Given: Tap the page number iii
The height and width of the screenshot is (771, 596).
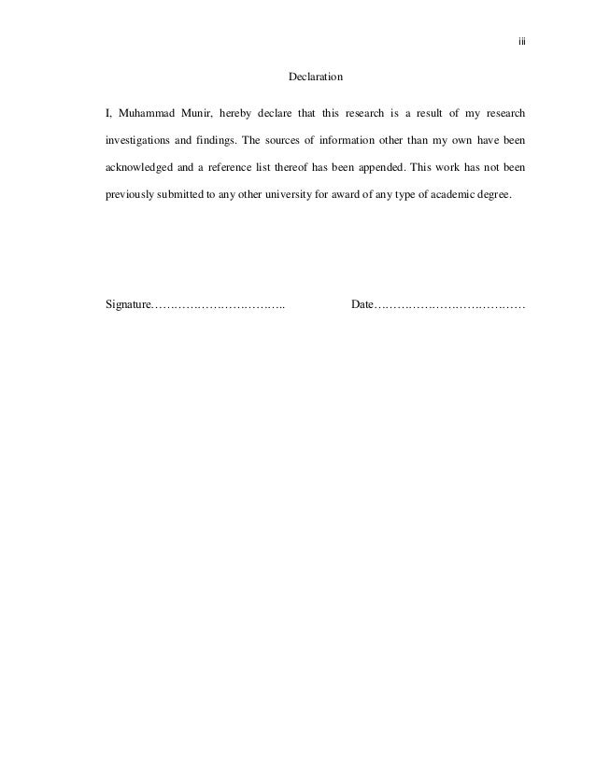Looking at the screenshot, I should [522, 42].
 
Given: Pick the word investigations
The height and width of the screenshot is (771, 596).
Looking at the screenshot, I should [140, 143].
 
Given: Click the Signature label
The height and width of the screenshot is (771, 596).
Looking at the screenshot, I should [129, 305].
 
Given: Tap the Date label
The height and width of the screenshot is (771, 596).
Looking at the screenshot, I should [362, 305].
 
